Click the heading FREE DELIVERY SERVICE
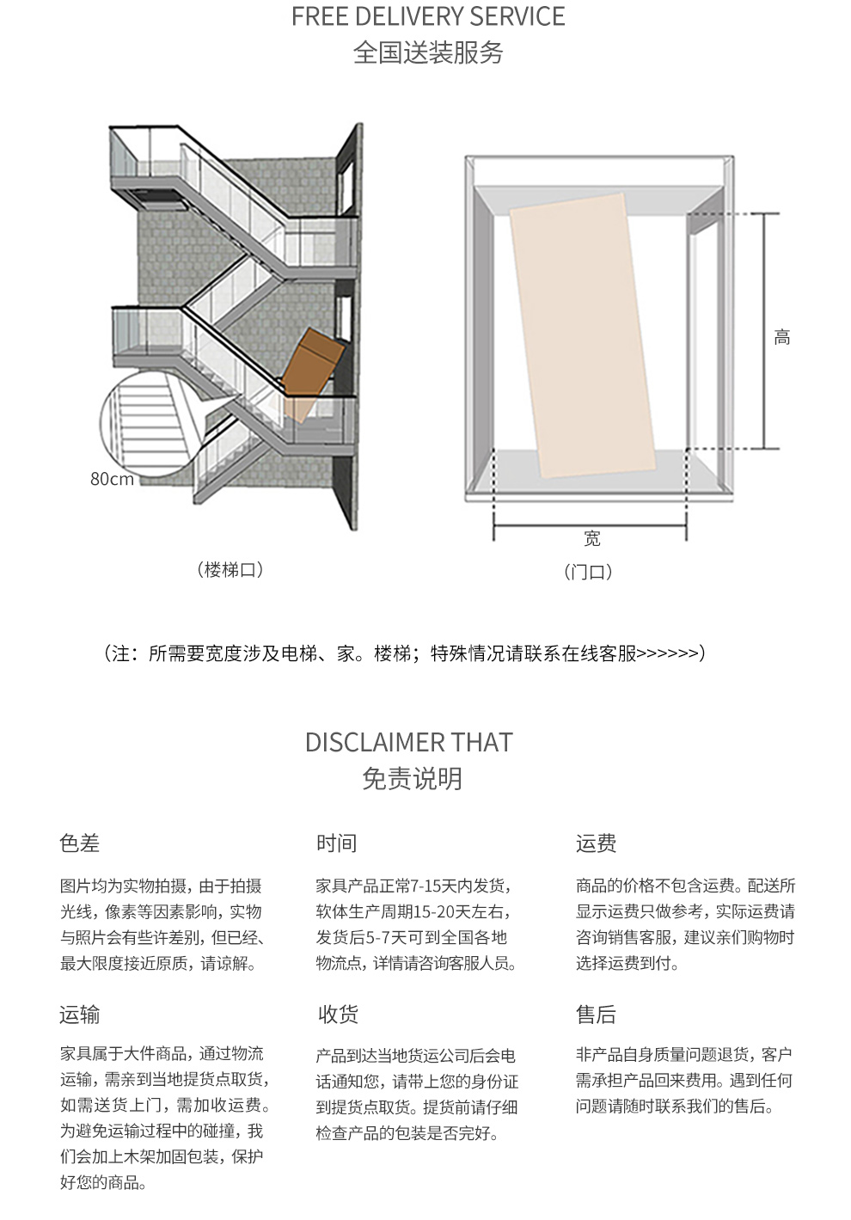(428, 16)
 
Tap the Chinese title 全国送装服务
(428, 52)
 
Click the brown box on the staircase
(312, 364)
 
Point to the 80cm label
(112, 479)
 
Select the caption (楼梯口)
(230, 570)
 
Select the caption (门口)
(588, 572)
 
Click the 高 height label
(782, 337)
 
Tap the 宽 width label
(592, 538)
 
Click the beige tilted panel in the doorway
(583, 335)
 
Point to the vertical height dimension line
(763, 331)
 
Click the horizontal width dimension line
(590, 525)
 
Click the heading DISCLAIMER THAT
(409, 742)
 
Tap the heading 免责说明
(412, 779)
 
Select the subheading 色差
(79, 843)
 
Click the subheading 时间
(336, 843)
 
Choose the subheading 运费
(597, 843)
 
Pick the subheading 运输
(79, 1015)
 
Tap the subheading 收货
(338, 1015)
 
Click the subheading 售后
(597, 1015)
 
